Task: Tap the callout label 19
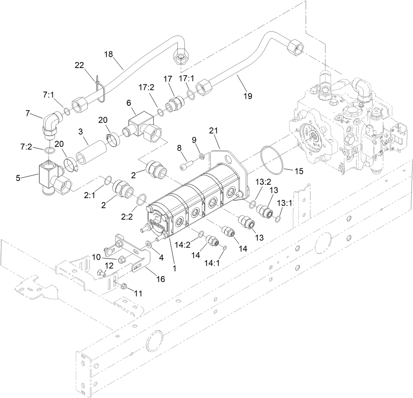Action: coord(248,96)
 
